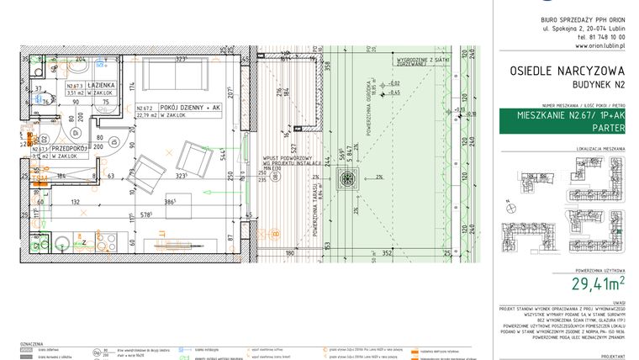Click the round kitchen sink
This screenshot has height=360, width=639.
[x=64, y=245]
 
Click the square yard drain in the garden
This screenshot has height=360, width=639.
[x=346, y=178]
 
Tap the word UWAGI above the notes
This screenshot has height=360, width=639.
[x=619, y=301]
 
